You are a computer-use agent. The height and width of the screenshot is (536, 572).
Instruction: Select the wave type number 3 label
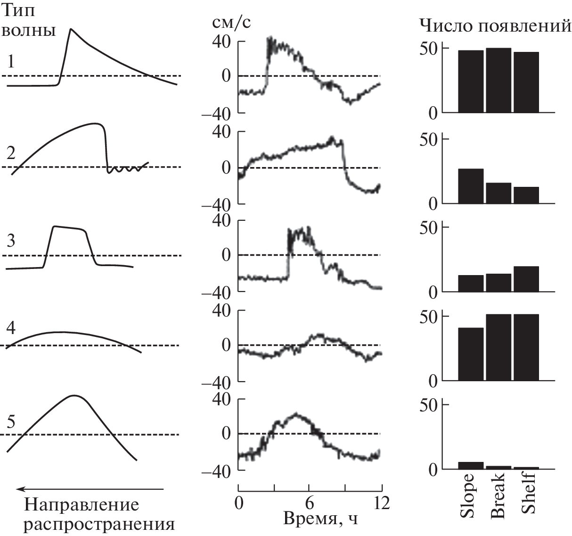11,241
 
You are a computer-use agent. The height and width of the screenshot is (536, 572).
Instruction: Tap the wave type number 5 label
12,421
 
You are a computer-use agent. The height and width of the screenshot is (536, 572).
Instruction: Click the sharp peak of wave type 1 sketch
71,30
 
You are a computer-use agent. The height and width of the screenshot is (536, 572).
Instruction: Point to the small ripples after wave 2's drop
125,169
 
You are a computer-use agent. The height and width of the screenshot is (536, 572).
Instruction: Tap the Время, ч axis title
320,519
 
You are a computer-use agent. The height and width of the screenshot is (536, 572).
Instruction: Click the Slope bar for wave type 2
471,186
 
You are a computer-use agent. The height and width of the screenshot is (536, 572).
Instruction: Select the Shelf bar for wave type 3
526,279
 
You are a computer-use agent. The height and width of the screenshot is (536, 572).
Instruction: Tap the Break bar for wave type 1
498,80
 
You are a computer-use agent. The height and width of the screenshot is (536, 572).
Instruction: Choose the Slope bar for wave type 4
471,354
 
